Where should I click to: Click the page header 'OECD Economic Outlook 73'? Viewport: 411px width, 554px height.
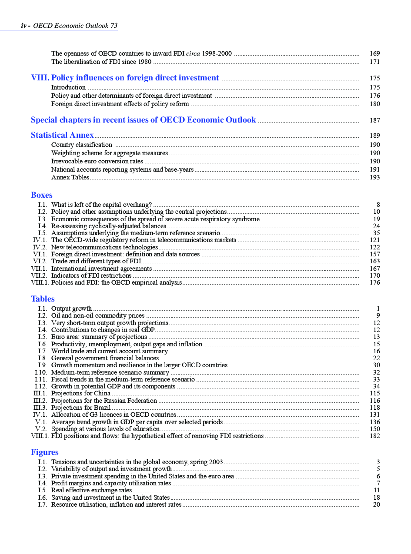pyautogui.click(x=75, y=26)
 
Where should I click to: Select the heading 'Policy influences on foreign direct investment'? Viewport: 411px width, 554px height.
pyautogui.click(x=135, y=78)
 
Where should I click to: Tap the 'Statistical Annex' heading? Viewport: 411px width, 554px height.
pyautogui.click(x=62, y=136)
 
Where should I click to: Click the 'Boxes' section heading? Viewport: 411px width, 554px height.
pyautogui.click(x=42, y=196)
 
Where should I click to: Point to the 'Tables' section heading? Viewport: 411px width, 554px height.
pyautogui.click(x=43, y=299)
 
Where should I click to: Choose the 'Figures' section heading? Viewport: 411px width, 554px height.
pyautogui.click(x=44, y=453)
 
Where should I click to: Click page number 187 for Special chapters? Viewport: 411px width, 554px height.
pyautogui.click(x=374, y=120)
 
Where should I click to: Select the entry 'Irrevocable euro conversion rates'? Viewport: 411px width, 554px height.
pyautogui.click(x=97, y=161)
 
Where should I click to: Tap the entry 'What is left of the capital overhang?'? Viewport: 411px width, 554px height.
pyautogui.click(x=101, y=205)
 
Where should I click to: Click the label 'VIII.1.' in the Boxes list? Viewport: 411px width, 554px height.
pyautogui.click(x=40, y=283)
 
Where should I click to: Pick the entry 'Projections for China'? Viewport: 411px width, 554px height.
pyautogui.click(x=81, y=394)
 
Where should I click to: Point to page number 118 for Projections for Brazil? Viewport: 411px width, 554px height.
pyautogui.click(x=374, y=408)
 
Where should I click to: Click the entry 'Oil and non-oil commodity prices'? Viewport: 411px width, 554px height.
pyautogui.click(x=98, y=316)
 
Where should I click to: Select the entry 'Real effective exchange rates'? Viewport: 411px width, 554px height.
pyautogui.click(x=91, y=491)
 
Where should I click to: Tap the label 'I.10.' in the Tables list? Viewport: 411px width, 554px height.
pyautogui.click(x=41, y=373)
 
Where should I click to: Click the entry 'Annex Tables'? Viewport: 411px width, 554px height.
pyautogui.click(x=70, y=177)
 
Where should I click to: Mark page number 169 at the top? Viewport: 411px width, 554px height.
pyautogui.click(x=374, y=54)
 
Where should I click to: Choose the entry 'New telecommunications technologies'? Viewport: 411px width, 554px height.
pyautogui.click(x=104, y=247)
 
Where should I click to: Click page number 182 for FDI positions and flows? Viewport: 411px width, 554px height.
pyautogui.click(x=374, y=436)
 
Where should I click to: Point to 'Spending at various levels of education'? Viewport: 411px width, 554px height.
pyautogui.click(x=105, y=429)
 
